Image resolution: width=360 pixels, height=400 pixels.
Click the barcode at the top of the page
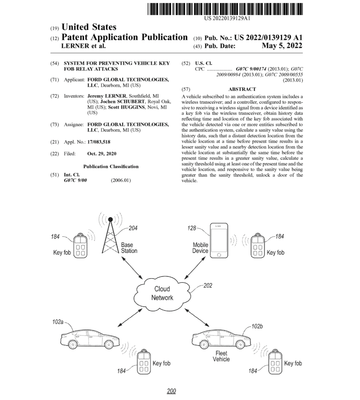(x=225, y=9)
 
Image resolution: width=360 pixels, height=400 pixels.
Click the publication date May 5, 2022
(x=282, y=46)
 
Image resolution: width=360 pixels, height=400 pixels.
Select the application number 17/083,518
(x=99, y=142)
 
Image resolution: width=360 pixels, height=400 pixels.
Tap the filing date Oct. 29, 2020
(x=102, y=154)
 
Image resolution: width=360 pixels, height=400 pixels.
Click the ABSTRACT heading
(x=242, y=89)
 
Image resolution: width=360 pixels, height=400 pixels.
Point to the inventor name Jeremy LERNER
(x=107, y=96)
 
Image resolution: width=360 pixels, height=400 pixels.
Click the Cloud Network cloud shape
(x=162, y=293)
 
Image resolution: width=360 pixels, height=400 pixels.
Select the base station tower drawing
(x=110, y=235)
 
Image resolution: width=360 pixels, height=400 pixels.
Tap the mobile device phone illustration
(x=219, y=241)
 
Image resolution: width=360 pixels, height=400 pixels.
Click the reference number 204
(x=133, y=228)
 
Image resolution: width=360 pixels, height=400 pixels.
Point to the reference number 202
(x=207, y=286)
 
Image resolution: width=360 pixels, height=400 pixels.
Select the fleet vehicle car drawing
(x=221, y=339)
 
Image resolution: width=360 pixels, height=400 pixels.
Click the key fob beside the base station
(x=80, y=245)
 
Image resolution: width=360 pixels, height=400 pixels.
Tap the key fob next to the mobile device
(x=257, y=245)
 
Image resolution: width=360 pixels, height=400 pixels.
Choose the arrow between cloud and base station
(x=132, y=268)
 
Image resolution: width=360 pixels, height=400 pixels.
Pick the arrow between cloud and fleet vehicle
(x=197, y=317)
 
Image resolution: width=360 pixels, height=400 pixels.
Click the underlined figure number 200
(x=172, y=391)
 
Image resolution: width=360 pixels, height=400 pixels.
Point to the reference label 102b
(x=257, y=326)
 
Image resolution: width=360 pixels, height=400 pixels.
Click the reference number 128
(x=192, y=228)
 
